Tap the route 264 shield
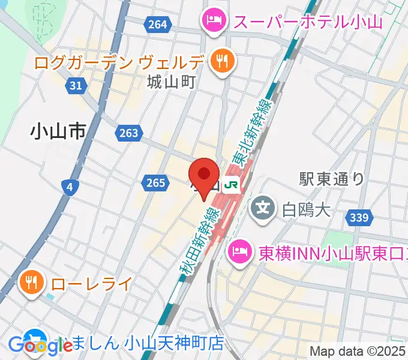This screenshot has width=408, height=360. click(155, 24)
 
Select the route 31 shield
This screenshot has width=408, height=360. click(76, 86)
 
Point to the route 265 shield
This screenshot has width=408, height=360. click(155, 182)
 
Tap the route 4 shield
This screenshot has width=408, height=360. click(70, 188)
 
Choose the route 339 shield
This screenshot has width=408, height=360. click(359, 218)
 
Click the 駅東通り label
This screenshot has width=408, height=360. click(331, 178)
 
